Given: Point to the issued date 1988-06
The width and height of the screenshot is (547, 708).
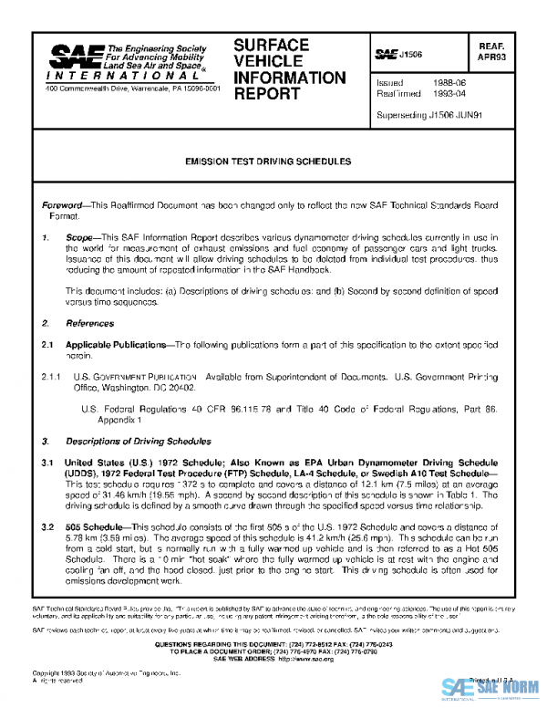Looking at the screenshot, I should [x=447, y=82].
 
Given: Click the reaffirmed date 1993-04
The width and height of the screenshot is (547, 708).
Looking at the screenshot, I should [x=447, y=93].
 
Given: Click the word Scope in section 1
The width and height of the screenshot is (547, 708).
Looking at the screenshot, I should [x=81, y=236].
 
